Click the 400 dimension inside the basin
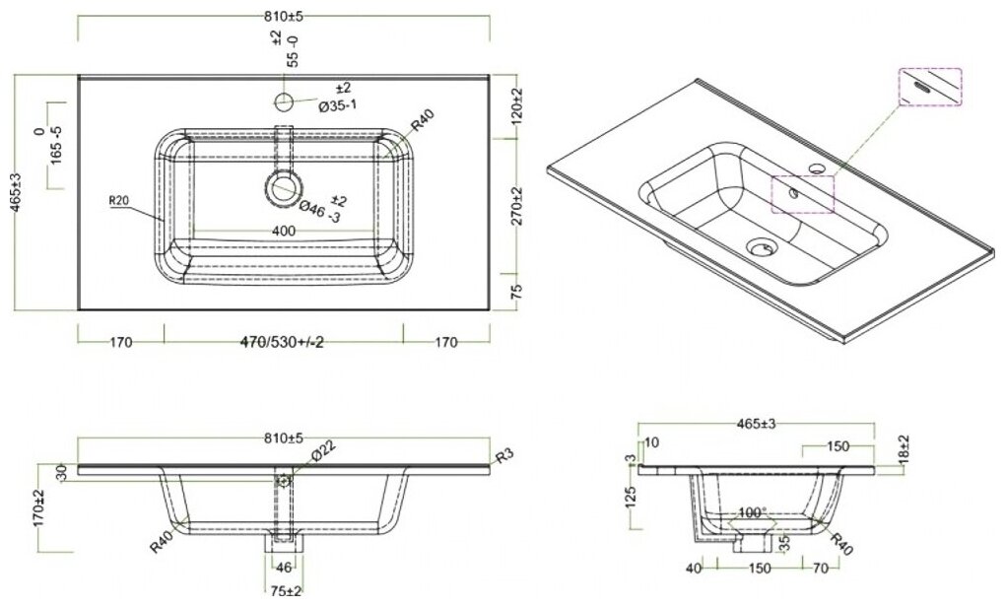[x=284, y=230]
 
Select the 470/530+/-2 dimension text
[x=284, y=344]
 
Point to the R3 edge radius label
[x=503, y=455]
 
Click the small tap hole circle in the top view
[x=284, y=101]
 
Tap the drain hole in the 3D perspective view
[x=762, y=247]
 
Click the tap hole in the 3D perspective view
[x=817, y=168]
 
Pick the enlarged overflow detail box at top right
[x=930, y=86]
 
